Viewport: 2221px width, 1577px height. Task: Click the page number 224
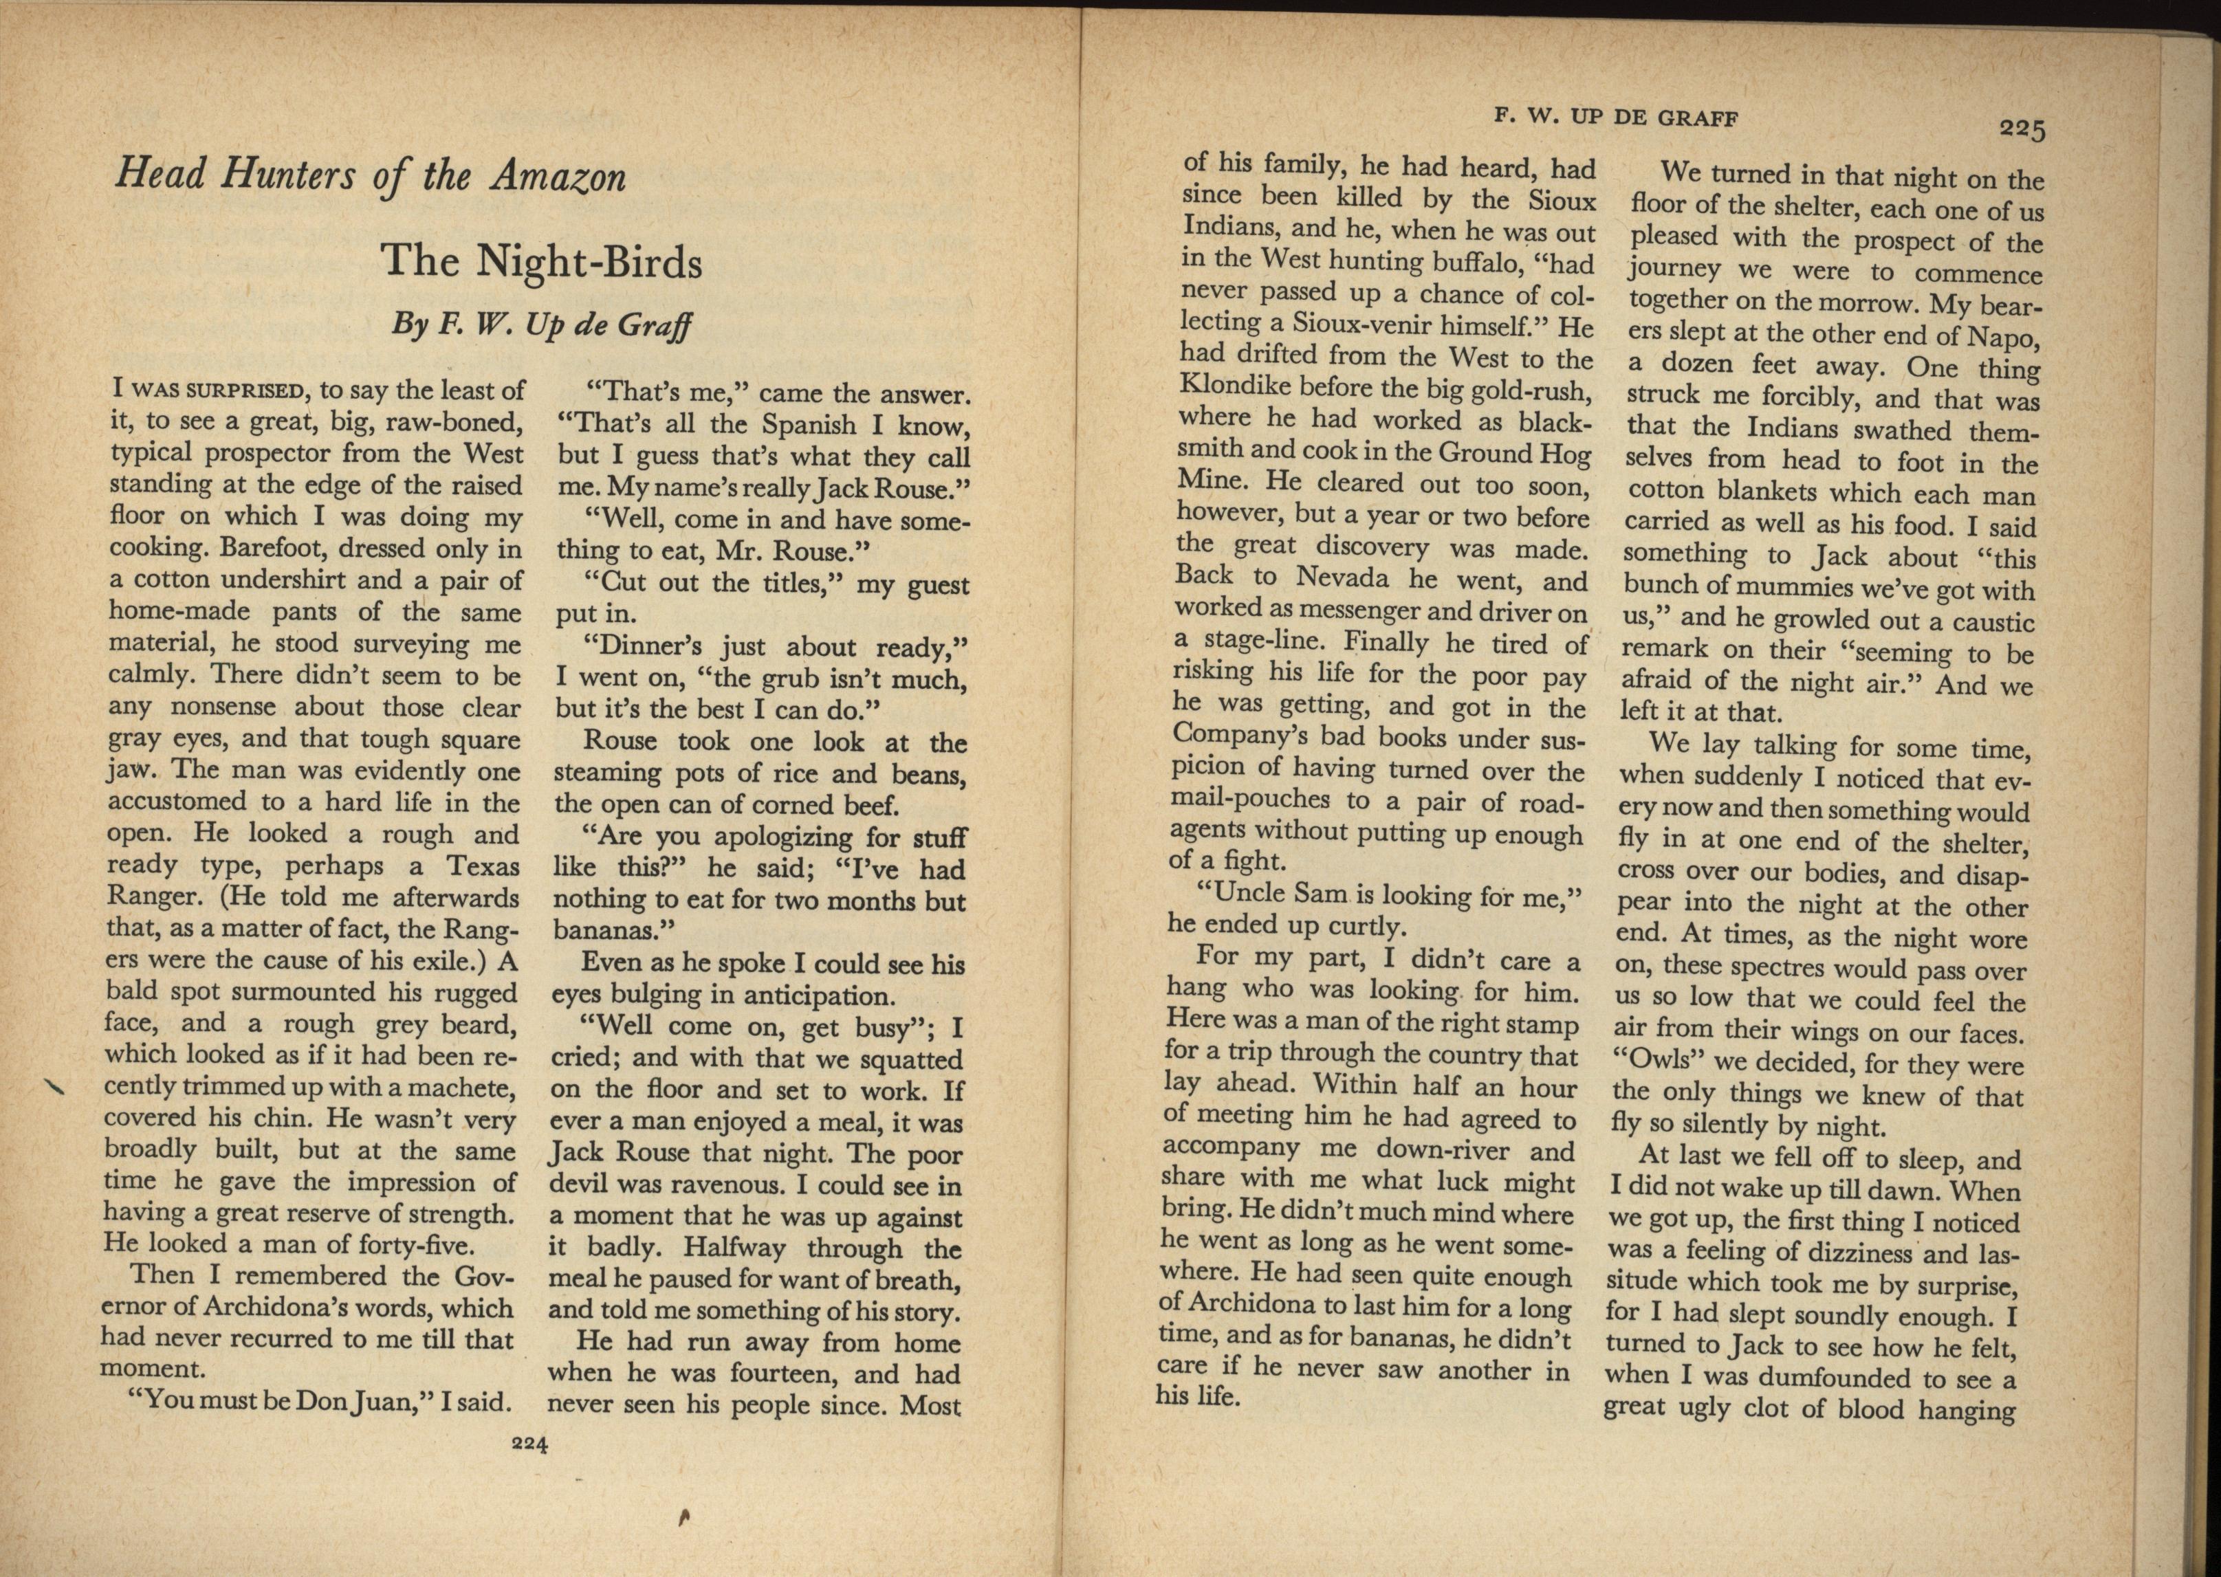(x=529, y=1443)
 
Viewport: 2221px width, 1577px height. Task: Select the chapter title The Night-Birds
(x=541, y=261)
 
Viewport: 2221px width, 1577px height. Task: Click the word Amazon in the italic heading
(x=558, y=177)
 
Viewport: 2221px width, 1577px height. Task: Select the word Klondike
(x=1234, y=386)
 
